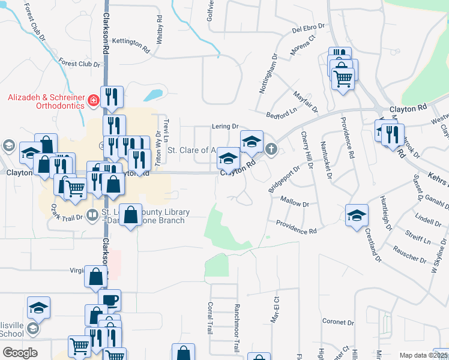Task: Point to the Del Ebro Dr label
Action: tap(308, 28)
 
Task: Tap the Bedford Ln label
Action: tap(282, 112)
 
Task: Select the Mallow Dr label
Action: tap(294, 205)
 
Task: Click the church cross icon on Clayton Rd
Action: tap(271, 148)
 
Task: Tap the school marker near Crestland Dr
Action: tap(357, 215)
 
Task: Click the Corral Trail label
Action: tap(211, 317)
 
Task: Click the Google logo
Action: tap(20, 353)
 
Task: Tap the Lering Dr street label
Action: tap(225, 127)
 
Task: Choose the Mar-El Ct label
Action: tap(275, 309)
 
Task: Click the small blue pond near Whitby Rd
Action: tap(153, 95)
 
